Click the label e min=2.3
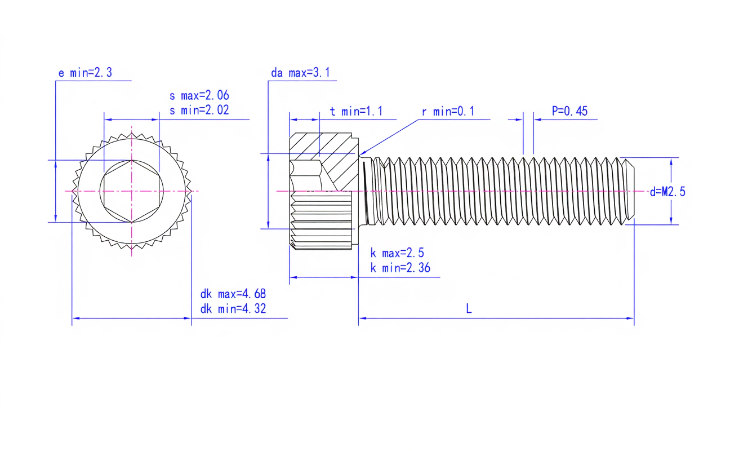pos(85,72)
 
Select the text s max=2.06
pos(199,95)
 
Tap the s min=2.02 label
pos(199,110)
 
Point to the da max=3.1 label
pos(300,72)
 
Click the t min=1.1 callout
pos(356,112)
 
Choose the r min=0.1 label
pos(448,112)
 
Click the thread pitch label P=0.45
pos(569,111)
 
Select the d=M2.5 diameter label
pos(667,192)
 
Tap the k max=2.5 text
pos(397,253)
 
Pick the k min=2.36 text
pos(400,268)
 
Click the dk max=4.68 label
pos(233,294)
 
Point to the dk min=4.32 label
pos(233,308)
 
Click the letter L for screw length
pos(469,308)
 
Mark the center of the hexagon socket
pos(131,191)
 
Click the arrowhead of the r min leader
pos(362,153)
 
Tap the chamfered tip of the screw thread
pos(630,191)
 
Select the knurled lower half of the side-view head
pos(321,220)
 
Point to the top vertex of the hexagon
pos(131,160)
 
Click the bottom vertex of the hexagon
pos(131,223)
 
